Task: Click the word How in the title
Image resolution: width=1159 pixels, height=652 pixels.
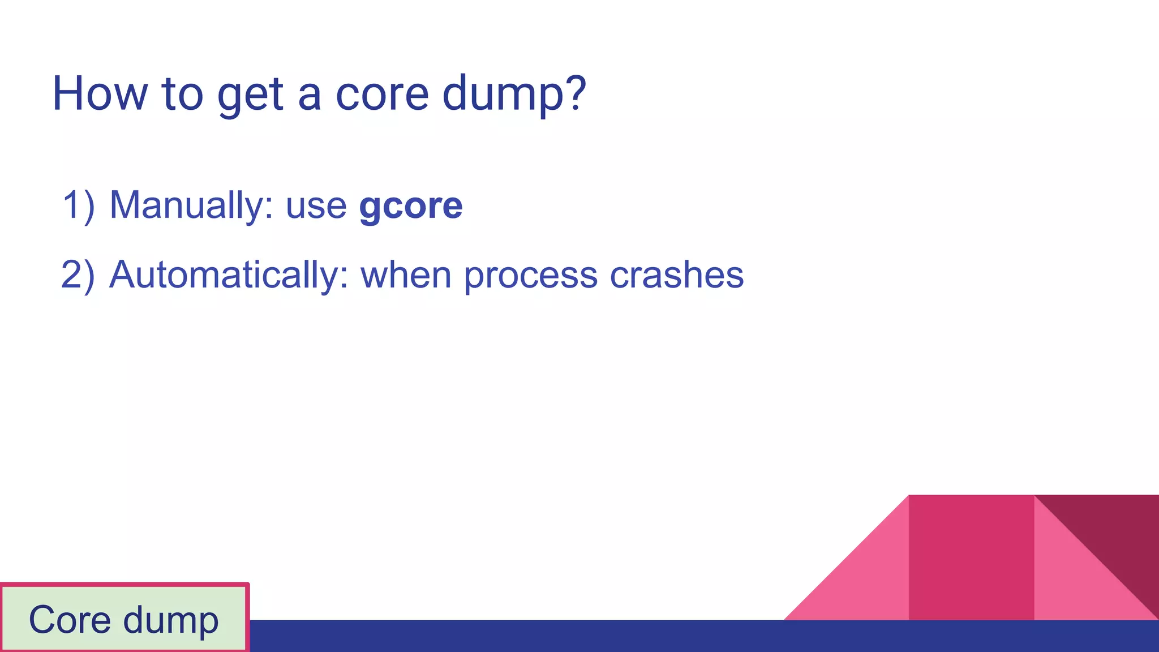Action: [x=100, y=94]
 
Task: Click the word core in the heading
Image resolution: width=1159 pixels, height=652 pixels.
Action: [x=382, y=94]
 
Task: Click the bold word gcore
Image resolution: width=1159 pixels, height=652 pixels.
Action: [x=411, y=206]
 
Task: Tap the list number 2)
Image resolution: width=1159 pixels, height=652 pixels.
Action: [x=78, y=275]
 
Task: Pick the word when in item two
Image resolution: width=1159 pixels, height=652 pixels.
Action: [x=406, y=275]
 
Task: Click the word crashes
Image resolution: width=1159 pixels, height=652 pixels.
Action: [x=677, y=275]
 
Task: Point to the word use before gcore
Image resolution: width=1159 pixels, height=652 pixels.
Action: [x=316, y=206]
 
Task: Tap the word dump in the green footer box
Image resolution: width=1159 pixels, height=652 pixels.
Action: [x=170, y=621]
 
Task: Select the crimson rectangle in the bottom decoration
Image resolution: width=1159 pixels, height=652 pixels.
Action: [x=971, y=557]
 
